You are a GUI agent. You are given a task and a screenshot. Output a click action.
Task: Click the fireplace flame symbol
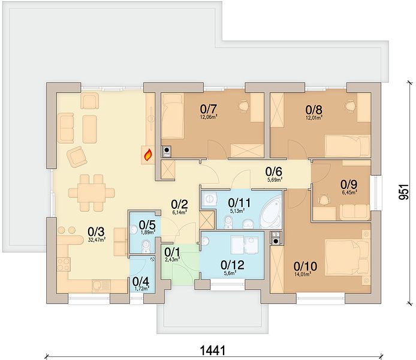click(x=148, y=155)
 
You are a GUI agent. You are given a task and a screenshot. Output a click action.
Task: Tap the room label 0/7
click(x=209, y=109)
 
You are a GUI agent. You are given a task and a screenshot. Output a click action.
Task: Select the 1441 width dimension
click(x=212, y=350)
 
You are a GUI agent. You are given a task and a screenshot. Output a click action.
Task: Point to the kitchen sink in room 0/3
click(x=101, y=286)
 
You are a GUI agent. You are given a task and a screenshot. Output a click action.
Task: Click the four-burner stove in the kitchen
click(x=64, y=265)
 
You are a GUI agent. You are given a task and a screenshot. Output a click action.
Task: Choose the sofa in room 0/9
click(x=354, y=212)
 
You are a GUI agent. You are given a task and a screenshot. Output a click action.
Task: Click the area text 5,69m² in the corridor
click(x=275, y=179)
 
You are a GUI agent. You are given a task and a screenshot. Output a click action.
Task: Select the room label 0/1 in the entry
click(x=172, y=251)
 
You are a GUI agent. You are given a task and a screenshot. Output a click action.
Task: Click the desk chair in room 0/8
click(x=350, y=106)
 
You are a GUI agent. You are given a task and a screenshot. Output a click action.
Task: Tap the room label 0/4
click(x=140, y=281)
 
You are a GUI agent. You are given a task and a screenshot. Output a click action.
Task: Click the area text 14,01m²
click(x=303, y=275)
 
